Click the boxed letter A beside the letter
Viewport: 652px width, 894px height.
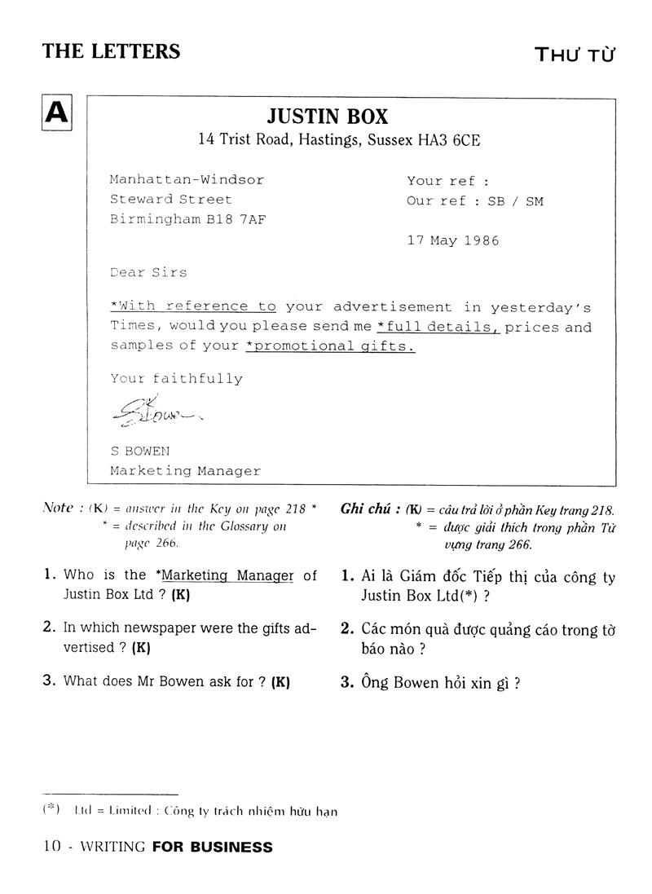57,112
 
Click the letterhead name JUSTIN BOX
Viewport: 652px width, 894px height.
338,116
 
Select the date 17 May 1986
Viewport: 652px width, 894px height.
453,240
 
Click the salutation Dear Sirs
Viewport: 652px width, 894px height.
148,272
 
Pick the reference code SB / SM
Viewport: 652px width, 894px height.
515,200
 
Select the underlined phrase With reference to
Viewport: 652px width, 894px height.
193,306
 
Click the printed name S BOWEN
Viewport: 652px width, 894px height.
140,451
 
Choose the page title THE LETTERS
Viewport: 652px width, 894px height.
111,51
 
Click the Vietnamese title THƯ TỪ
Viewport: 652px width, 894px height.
574,55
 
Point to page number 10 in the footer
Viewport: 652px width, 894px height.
52,847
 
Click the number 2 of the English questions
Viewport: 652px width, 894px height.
48,627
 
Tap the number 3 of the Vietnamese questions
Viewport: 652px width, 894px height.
346,683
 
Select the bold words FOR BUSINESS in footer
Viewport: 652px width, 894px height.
213,847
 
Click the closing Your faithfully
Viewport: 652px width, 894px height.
176,378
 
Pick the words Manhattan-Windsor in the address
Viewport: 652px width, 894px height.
187,179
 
